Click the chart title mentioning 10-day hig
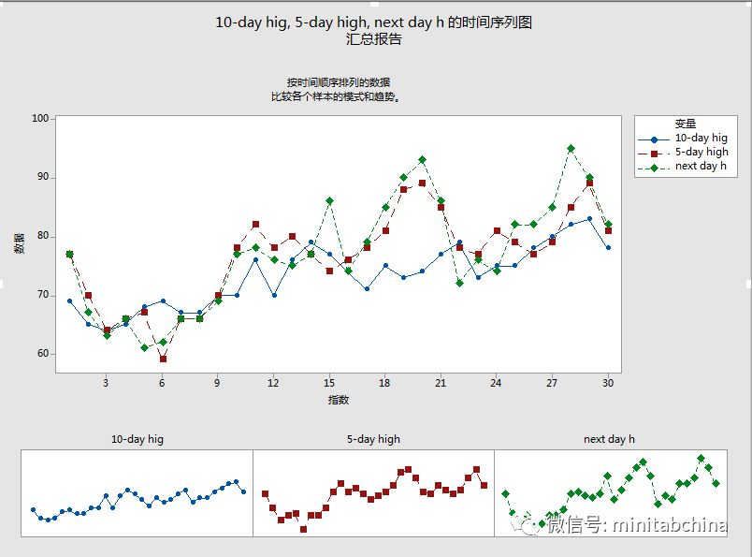click(374, 22)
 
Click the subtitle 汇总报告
click(374, 39)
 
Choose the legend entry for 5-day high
click(701, 152)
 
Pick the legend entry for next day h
click(701, 166)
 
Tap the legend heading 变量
click(685, 123)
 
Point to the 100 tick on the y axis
click(40, 119)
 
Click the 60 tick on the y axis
click(42, 354)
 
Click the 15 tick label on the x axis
click(329, 382)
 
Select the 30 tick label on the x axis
click(608, 382)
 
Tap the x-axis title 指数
click(339, 400)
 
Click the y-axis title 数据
click(19, 243)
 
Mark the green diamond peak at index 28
click(571, 149)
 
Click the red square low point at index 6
click(163, 359)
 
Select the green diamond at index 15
click(329, 201)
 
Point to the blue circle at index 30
click(608, 248)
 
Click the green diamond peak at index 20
click(422, 160)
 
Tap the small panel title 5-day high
click(373, 438)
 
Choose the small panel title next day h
click(610, 438)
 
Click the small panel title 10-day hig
click(137, 438)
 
